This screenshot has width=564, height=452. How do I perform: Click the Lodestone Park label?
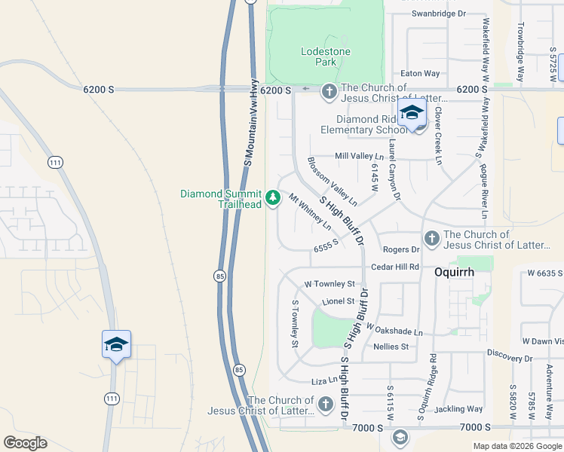318,56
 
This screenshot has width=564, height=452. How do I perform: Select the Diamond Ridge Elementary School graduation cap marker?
412,114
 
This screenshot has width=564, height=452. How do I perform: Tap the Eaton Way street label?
420,73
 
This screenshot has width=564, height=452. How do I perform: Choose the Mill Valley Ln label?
360,156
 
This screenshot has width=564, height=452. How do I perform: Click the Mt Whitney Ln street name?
310,212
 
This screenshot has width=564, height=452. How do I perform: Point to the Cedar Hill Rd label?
395,267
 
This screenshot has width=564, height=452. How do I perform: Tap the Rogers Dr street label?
400,249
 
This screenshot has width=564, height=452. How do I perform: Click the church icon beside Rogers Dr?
431,239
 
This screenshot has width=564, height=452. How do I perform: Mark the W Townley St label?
330,284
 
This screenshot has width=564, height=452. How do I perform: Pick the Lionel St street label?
338,301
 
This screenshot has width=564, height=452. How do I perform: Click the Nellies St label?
391,347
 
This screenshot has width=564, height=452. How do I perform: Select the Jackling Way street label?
459,409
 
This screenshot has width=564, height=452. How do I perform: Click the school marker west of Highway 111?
116,345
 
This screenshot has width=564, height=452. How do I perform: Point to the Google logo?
25,443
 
